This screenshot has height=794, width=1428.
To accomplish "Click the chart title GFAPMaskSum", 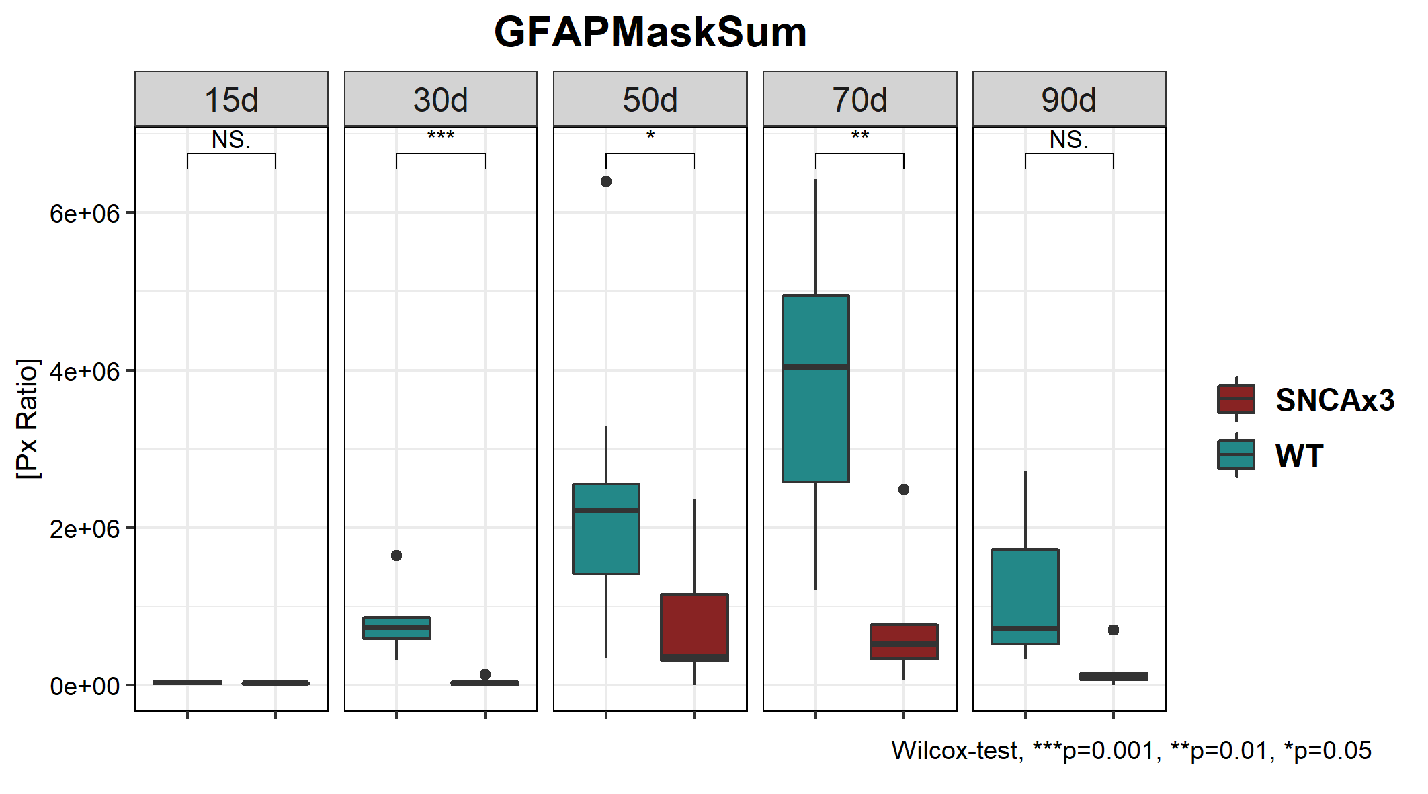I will pos(650,32).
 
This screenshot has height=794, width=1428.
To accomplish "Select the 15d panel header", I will pos(231,100).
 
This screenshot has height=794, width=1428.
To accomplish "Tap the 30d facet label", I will pos(440,100).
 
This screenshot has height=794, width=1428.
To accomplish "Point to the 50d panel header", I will pos(650,100).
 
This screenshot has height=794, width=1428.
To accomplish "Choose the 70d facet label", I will pos(859,100).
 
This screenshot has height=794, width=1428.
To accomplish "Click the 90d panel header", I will pos(1068,100).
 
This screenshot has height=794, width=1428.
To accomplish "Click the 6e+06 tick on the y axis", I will pos(85,214).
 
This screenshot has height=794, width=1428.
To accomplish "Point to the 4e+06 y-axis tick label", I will pos(85,371).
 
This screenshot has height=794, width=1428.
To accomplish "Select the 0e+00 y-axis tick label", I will pos(85,686).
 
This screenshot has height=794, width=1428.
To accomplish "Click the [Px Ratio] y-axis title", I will pos(28,418).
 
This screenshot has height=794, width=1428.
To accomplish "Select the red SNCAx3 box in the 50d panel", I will pos(694,625).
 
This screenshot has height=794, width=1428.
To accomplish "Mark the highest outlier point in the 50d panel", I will pos(606,182).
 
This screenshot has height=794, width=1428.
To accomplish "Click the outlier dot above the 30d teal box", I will pos(396,555).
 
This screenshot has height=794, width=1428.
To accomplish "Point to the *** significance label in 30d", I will pos(441,136).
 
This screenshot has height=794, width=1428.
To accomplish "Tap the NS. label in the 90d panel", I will pos(1068,140).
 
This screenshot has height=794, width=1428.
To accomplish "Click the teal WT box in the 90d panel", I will pos(1025,592).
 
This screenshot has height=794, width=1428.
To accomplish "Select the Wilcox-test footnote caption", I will pos(1131,750).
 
